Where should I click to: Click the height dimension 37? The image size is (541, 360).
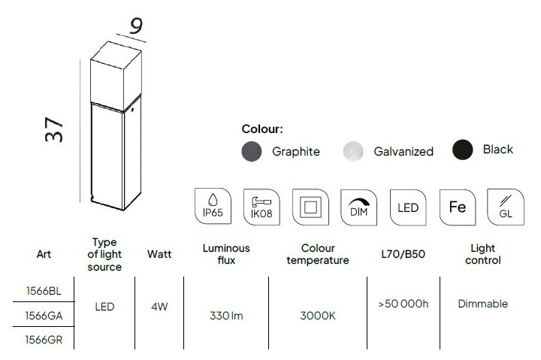pos(54,130)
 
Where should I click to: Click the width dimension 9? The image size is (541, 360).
pos(136,26)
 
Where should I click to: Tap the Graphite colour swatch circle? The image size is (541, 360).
pos(252,151)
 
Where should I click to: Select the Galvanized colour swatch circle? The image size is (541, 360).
pos(353,151)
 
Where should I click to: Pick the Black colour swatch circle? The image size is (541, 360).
pos(462,150)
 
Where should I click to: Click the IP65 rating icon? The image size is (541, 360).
pos(213,206)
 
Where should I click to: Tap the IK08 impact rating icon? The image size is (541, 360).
pos(261,207)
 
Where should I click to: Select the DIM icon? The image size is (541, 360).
pos(359,207)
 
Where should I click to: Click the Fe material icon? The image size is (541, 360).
pos(458,207)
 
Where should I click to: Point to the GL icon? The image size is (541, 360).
pos(506,207)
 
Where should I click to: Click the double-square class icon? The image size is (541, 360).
pos(310,207)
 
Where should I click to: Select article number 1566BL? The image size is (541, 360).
pos(44,291)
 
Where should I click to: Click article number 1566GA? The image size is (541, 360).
pos(44,316)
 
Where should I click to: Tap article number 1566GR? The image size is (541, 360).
pos(44,340)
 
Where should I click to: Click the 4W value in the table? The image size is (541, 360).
pos(159,307)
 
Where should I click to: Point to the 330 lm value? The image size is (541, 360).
pos(226,316)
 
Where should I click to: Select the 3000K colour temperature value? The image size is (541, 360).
pos(318,316)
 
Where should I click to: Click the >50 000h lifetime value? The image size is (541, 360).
pos(403,304)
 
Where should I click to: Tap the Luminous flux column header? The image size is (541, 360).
pos(226,254)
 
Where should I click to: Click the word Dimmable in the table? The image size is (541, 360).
pos(482,304)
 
